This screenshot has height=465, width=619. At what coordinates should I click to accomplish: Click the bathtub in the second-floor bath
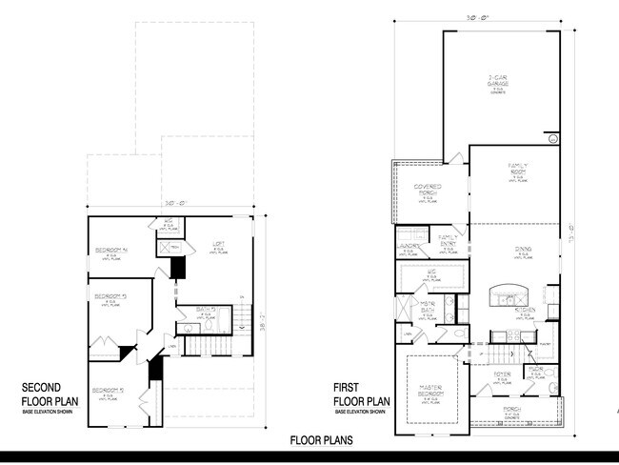coord(195,325)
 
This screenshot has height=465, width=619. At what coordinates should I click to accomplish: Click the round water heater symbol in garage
coord(551,138)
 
